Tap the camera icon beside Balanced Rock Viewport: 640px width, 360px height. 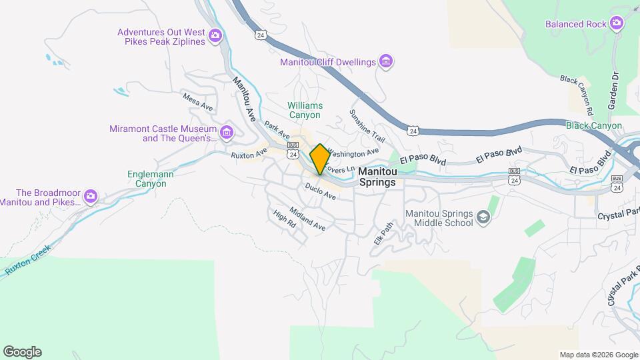617,24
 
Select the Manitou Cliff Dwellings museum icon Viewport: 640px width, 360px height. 385,62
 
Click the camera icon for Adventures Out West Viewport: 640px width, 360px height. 215,36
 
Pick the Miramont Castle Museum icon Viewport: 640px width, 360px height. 227,133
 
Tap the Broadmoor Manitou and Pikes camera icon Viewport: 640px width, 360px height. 91,197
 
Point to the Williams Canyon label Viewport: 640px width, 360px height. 305,110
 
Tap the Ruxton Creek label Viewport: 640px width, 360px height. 28,259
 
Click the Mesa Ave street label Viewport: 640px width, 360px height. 197,102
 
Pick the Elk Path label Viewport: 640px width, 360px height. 381,233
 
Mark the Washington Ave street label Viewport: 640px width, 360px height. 353,153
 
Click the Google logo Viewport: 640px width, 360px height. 22,352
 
